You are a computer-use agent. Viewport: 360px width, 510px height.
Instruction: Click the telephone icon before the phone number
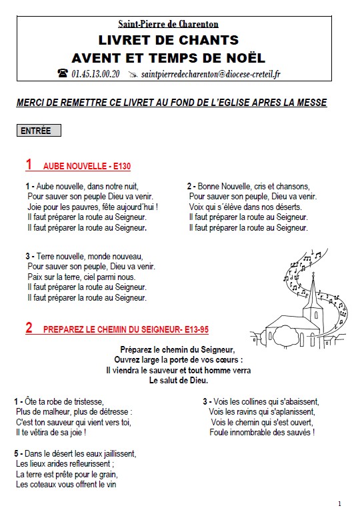click(x=63, y=74)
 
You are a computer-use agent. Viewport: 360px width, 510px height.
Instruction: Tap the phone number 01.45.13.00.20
click(x=95, y=74)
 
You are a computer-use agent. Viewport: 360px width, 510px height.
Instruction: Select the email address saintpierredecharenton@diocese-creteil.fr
click(x=211, y=74)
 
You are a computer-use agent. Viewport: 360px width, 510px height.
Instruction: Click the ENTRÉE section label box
click(x=39, y=131)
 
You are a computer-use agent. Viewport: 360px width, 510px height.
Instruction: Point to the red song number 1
click(x=29, y=164)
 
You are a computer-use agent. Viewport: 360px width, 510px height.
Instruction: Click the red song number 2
click(x=29, y=327)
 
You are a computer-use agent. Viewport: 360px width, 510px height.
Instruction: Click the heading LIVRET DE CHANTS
click(x=168, y=41)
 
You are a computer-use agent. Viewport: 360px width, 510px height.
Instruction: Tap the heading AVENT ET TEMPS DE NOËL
click(x=168, y=57)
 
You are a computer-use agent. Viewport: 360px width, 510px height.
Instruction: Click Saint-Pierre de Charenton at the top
click(x=169, y=25)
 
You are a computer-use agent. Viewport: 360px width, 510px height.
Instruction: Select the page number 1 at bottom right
click(x=339, y=503)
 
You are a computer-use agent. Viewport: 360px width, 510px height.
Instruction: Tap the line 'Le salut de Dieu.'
click(x=178, y=380)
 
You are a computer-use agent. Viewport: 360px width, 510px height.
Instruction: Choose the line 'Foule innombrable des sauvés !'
click(x=261, y=432)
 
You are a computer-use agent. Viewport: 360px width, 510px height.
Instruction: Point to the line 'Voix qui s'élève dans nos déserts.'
click(x=245, y=207)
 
